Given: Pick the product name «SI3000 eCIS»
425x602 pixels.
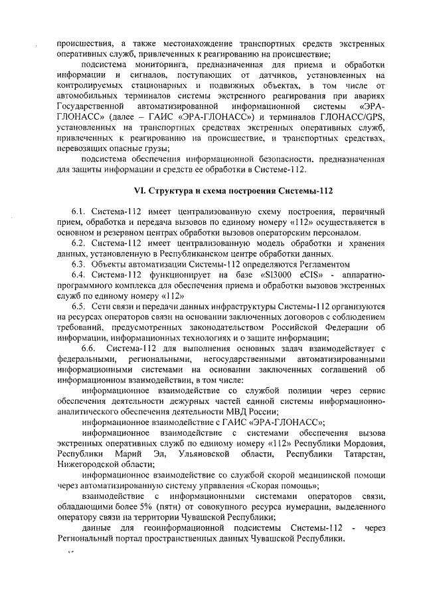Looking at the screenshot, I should click(x=245, y=274).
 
